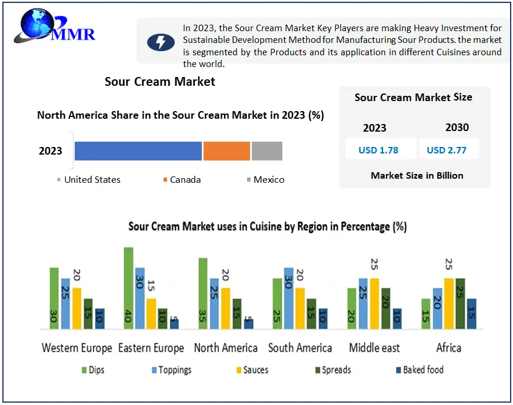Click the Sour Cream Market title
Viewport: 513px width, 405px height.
[x=160, y=82]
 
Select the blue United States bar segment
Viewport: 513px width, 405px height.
[x=138, y=151]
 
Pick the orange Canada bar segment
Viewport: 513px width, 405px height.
[x=226, y=151]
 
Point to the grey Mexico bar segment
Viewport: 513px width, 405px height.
[x=267, y=151]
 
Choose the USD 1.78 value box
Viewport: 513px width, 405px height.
[x=378, y=150]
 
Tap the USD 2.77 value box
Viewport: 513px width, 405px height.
[x=447, y=150]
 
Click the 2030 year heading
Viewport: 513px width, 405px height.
[x=457, y=128]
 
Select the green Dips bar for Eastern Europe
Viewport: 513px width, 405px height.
[x=128, y=288]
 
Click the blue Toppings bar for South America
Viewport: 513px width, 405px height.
[x=288, y=298]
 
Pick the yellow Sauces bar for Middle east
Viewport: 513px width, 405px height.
[x=374, y=303]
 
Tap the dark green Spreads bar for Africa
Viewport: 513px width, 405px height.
[x=460, y=303]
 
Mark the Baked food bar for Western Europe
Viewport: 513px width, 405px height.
[x=100, y=319]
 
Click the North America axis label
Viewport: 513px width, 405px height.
[x=225, y=348]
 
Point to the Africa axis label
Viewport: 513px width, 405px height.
[x=448, y=348]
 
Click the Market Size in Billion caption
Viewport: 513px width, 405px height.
[x=417, y=175]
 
